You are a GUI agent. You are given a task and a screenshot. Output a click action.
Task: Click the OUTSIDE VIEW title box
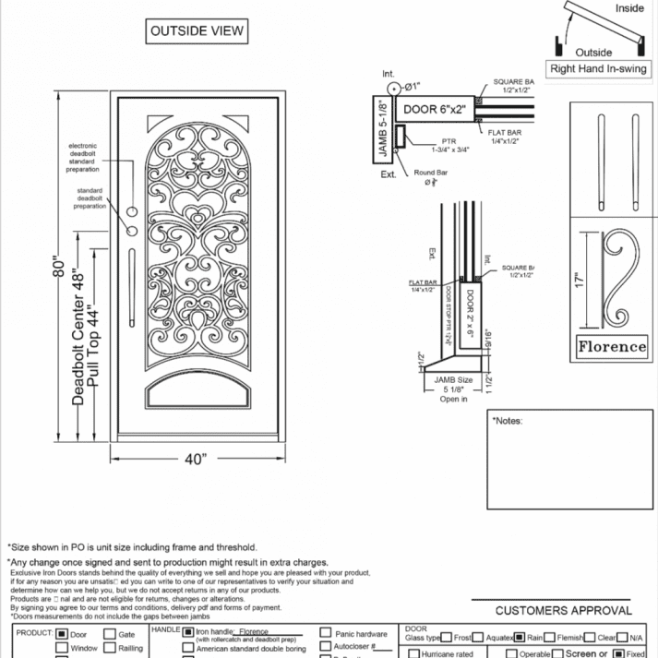[197, 31]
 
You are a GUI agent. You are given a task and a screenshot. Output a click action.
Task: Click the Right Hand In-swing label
[599, 69]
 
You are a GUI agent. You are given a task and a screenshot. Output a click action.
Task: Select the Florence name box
[612, 347]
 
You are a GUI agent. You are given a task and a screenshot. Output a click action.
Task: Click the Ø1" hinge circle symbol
[393, 88]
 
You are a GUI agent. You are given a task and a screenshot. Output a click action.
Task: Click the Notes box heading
[508, 421]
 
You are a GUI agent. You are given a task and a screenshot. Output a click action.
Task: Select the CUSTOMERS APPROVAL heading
[564, 610]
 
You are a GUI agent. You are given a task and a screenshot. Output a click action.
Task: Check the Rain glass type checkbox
[519, 637]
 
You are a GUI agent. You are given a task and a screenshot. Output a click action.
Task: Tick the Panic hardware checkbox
[326, 634]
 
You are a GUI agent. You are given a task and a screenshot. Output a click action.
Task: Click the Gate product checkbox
[109, 635]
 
